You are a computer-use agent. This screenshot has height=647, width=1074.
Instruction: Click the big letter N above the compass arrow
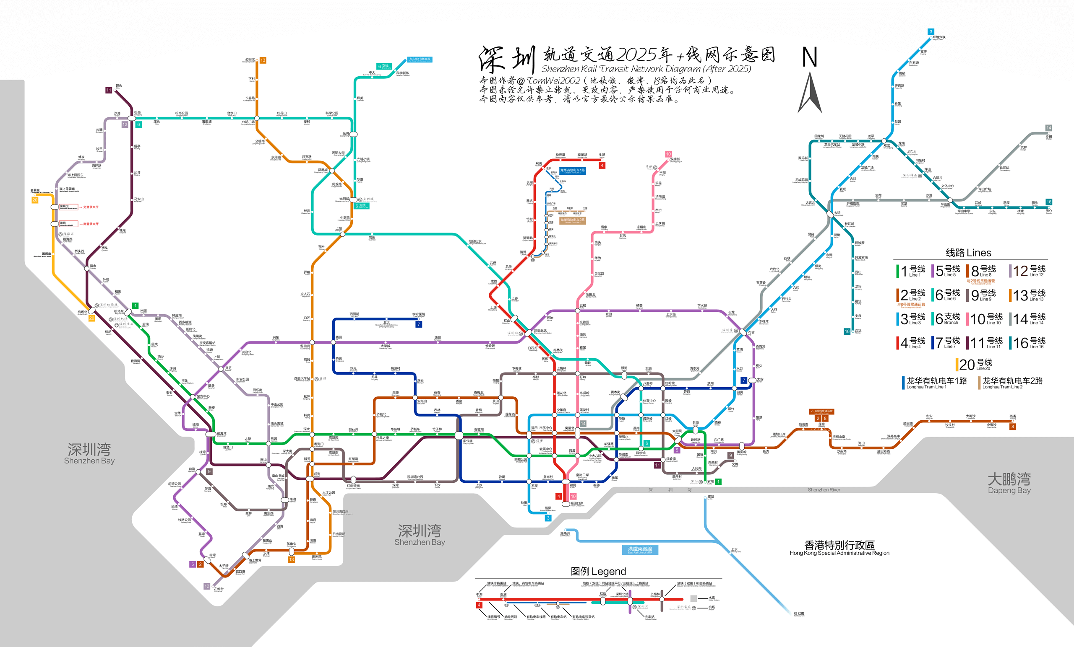click(x=809, y=57)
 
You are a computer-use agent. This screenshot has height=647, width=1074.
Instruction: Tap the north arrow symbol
click(x=810, y=93)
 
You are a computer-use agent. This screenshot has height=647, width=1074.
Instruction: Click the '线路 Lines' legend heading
click(x=968, y=253)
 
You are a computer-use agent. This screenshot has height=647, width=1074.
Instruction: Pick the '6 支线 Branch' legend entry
click(x=946, y=319)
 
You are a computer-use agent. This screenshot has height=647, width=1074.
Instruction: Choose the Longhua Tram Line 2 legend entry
click(x=1010, y=382)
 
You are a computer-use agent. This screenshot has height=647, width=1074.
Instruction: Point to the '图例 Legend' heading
click(x=598, y=571)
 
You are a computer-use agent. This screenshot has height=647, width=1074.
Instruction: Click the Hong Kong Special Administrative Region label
click(x=839, y=548)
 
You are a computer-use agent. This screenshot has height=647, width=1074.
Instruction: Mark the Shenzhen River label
click(x=824, y=490)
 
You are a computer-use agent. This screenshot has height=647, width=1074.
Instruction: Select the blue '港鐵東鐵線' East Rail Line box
click(x=639, y=550)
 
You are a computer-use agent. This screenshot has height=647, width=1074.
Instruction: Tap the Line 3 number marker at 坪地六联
click(x=931, y=32)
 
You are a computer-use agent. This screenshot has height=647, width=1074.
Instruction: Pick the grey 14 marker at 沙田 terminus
click(x=1048, y=128)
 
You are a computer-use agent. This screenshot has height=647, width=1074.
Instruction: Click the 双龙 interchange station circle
click(x=884, y=141)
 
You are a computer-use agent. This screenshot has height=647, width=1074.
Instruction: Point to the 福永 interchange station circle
click(x=87, y=269)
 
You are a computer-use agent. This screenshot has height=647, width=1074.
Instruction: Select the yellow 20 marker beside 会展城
click(x=35, y=200)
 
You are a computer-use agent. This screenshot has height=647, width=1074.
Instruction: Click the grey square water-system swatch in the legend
click(x=693, y=598)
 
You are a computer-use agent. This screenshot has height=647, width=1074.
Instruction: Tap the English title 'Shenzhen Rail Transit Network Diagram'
click(x=646, y=69)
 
